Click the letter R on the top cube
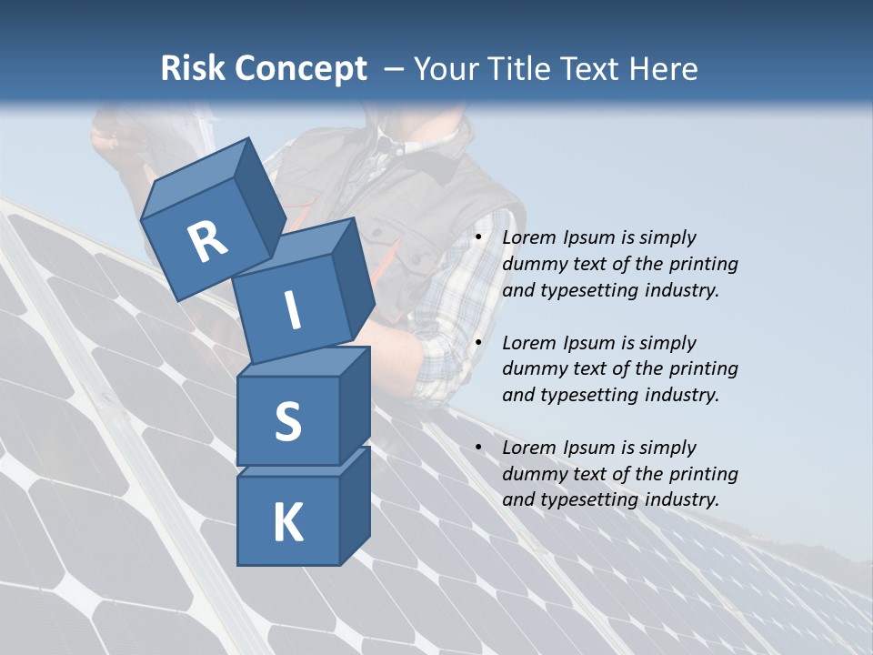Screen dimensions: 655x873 coord(207,242)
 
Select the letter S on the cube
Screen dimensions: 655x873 coord(287,421)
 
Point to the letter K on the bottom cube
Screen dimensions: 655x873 coord(287,523)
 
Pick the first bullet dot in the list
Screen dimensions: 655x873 coord(478,237)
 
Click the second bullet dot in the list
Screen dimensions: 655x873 coord(478,343)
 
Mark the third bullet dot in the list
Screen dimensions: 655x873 coord(478,448)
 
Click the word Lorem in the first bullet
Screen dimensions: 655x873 coord(527,237)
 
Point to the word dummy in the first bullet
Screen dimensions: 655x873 coord(533,264)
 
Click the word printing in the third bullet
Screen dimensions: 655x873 coord(704,473)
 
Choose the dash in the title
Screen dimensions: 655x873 coord(393,68)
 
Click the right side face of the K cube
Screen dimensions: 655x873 coord(355,505)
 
